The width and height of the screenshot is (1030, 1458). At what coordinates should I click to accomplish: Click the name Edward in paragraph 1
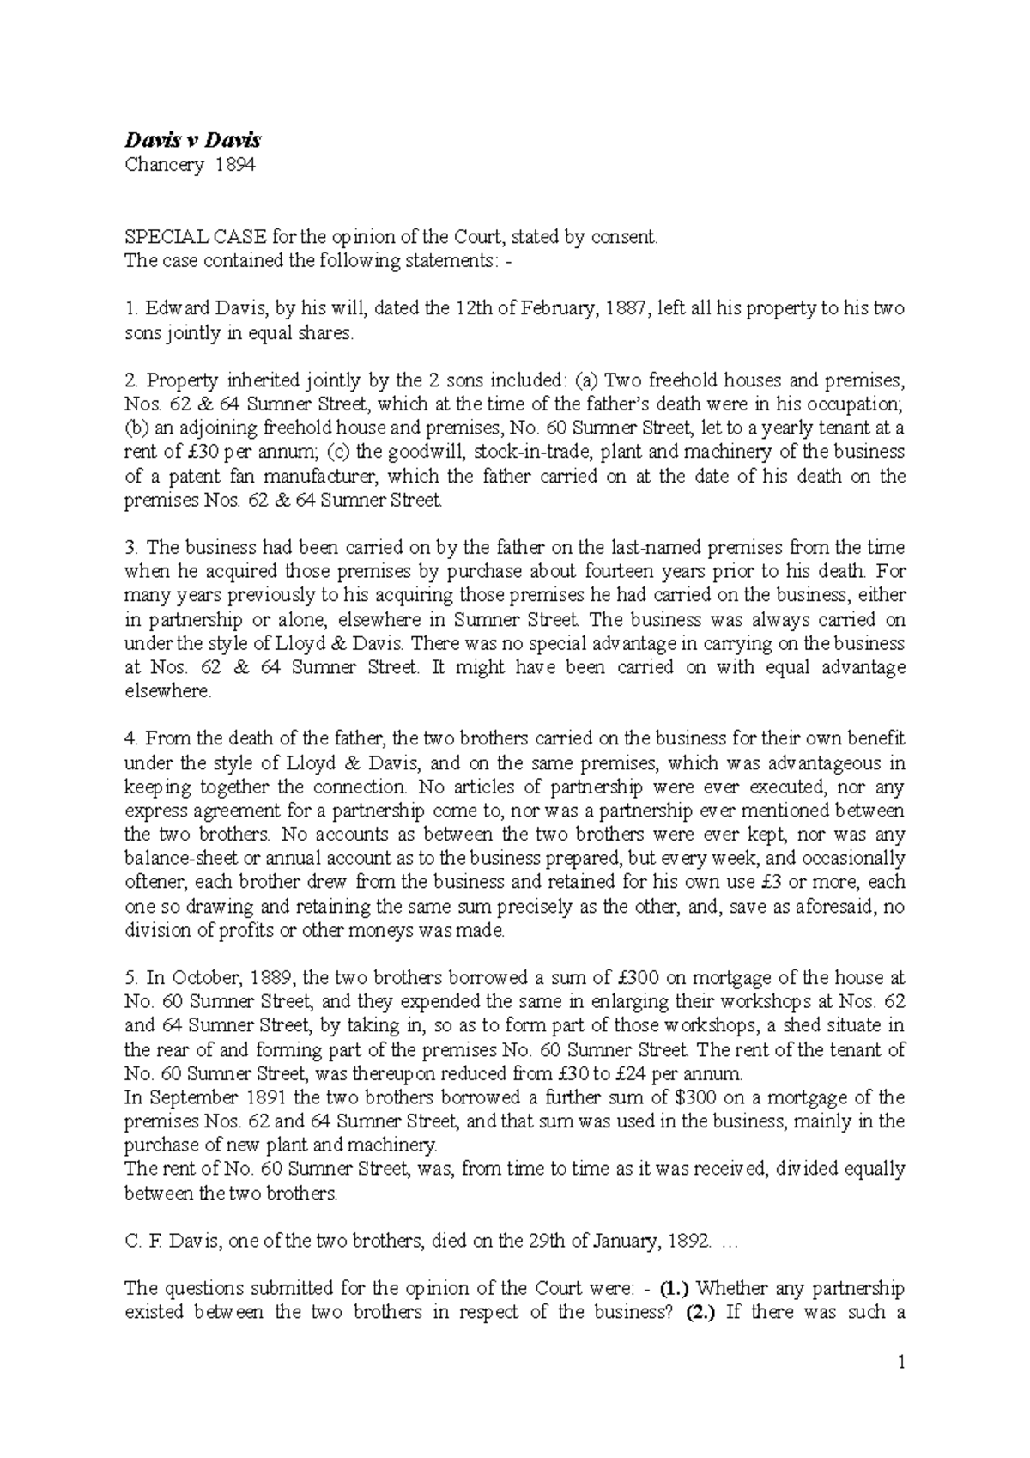click(176, 308)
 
